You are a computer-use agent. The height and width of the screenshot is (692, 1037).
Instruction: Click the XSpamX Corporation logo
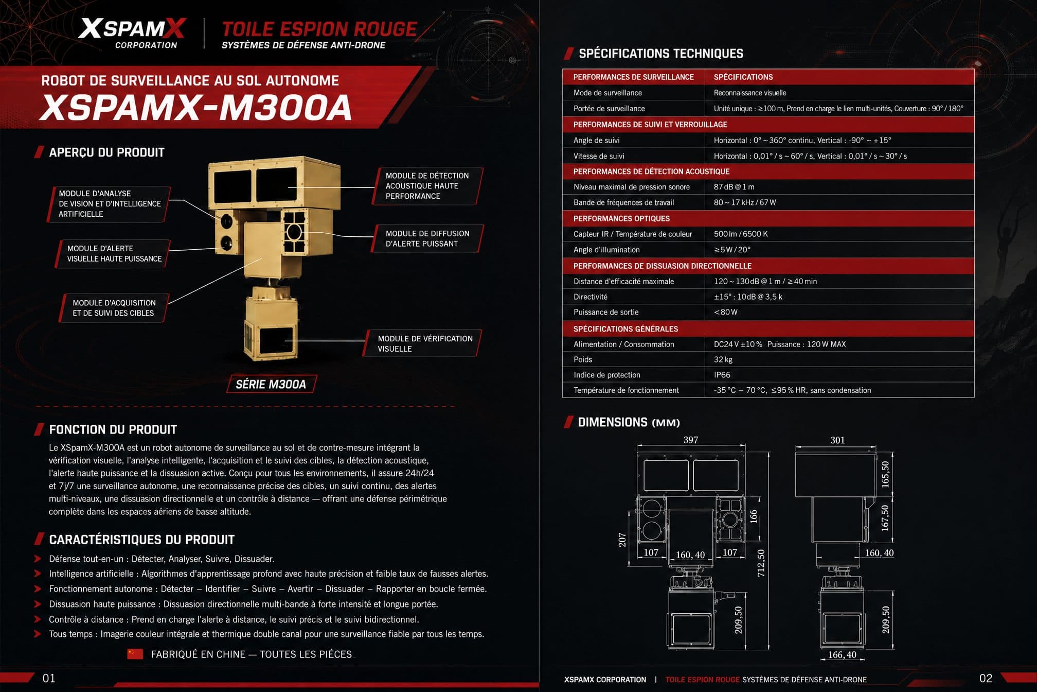click(132, 33)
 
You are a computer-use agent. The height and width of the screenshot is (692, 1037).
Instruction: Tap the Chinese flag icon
click(135, 654)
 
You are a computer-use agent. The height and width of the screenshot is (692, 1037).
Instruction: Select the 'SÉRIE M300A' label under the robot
click(271, 384)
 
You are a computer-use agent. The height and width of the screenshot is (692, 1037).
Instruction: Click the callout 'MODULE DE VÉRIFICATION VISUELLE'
click(425, 343)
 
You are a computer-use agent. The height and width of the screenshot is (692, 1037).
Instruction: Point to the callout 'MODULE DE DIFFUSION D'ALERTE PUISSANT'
click(427, 238)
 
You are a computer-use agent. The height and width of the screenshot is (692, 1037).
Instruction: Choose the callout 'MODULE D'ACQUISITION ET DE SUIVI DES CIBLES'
click(113, 308)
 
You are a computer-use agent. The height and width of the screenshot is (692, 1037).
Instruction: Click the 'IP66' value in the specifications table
click(722, 375)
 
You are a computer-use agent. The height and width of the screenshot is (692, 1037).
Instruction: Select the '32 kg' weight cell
click(723, 359)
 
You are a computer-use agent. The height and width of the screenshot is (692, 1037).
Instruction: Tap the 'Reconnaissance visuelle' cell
click(750, 93)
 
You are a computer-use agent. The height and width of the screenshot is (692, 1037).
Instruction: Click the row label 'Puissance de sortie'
click(606, 312)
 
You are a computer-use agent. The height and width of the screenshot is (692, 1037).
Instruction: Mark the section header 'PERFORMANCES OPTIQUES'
click(621, 218)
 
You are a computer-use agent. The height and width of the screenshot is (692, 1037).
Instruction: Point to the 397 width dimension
click(691, 440)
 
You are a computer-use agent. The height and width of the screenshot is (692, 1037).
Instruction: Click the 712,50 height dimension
click(761, 563)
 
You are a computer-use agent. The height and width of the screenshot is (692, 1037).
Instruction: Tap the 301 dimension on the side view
click(837, 440)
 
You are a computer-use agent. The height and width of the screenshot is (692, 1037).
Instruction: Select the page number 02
click(986, 678)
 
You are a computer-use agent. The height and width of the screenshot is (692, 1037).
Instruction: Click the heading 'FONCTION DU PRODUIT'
click(113, 429)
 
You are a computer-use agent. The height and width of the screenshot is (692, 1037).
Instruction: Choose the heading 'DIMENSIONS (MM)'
click(629, 422)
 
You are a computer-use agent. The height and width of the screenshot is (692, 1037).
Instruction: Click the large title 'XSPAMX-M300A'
click(196, 107)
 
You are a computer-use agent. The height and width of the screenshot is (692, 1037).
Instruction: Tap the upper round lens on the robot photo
click(226, 221)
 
